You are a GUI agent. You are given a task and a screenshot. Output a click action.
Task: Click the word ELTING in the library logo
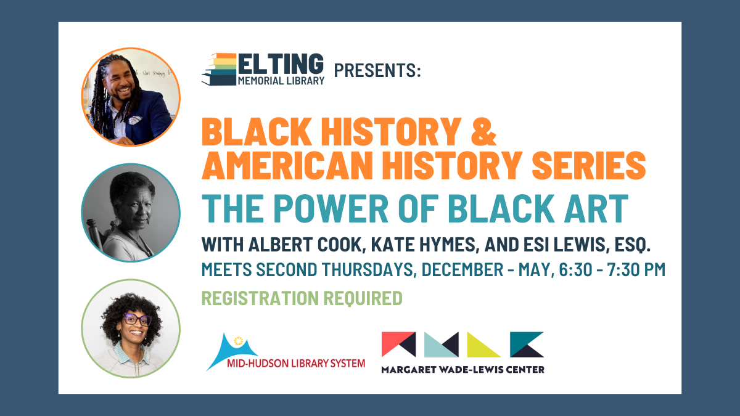[x=280, y=63]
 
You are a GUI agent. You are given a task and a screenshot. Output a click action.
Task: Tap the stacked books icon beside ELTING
[x=220, y=69]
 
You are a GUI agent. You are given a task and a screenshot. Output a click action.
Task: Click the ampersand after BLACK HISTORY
[x=486, y=131]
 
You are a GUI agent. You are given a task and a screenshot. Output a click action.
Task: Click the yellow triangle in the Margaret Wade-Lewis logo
[x=483, y=345]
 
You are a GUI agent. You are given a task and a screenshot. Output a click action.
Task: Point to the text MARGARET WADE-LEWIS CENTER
[x=462, y=369]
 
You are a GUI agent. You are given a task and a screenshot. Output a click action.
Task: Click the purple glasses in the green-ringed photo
[x=137, y=320]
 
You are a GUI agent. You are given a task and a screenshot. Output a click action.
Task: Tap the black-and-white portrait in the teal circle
[x=131, y=213]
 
